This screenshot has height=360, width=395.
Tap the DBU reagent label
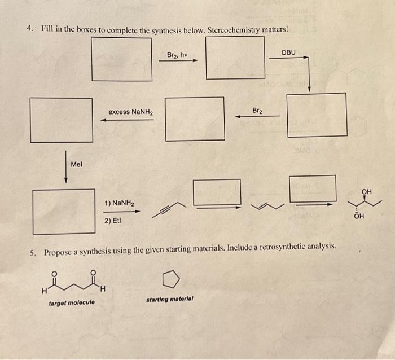click(x=288, y=52)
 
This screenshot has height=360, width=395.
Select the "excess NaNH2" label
click(x=130, y=112)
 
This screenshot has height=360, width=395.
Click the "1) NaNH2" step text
click(x=118, y=203)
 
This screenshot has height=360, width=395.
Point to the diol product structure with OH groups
click(x=366, y=204)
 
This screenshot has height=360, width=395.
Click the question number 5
click(x=33, y=252)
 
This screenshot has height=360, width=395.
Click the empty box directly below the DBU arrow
click(x=317, y=115)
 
